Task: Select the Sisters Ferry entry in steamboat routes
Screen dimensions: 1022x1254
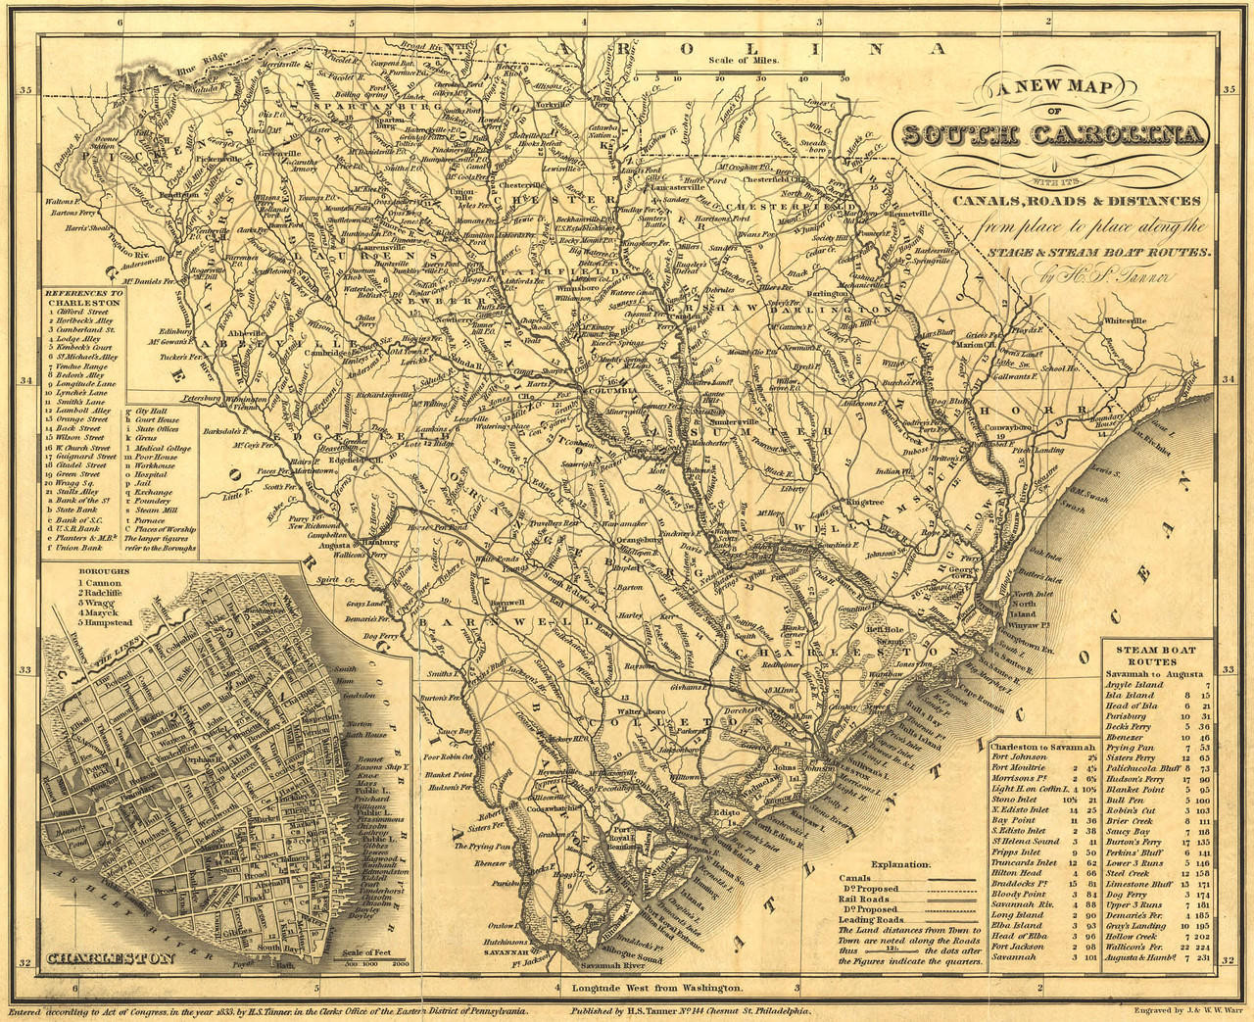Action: coord(1133,757)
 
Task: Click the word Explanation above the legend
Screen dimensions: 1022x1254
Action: coord(901,864)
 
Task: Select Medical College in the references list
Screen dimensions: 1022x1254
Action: coord(165,448)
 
